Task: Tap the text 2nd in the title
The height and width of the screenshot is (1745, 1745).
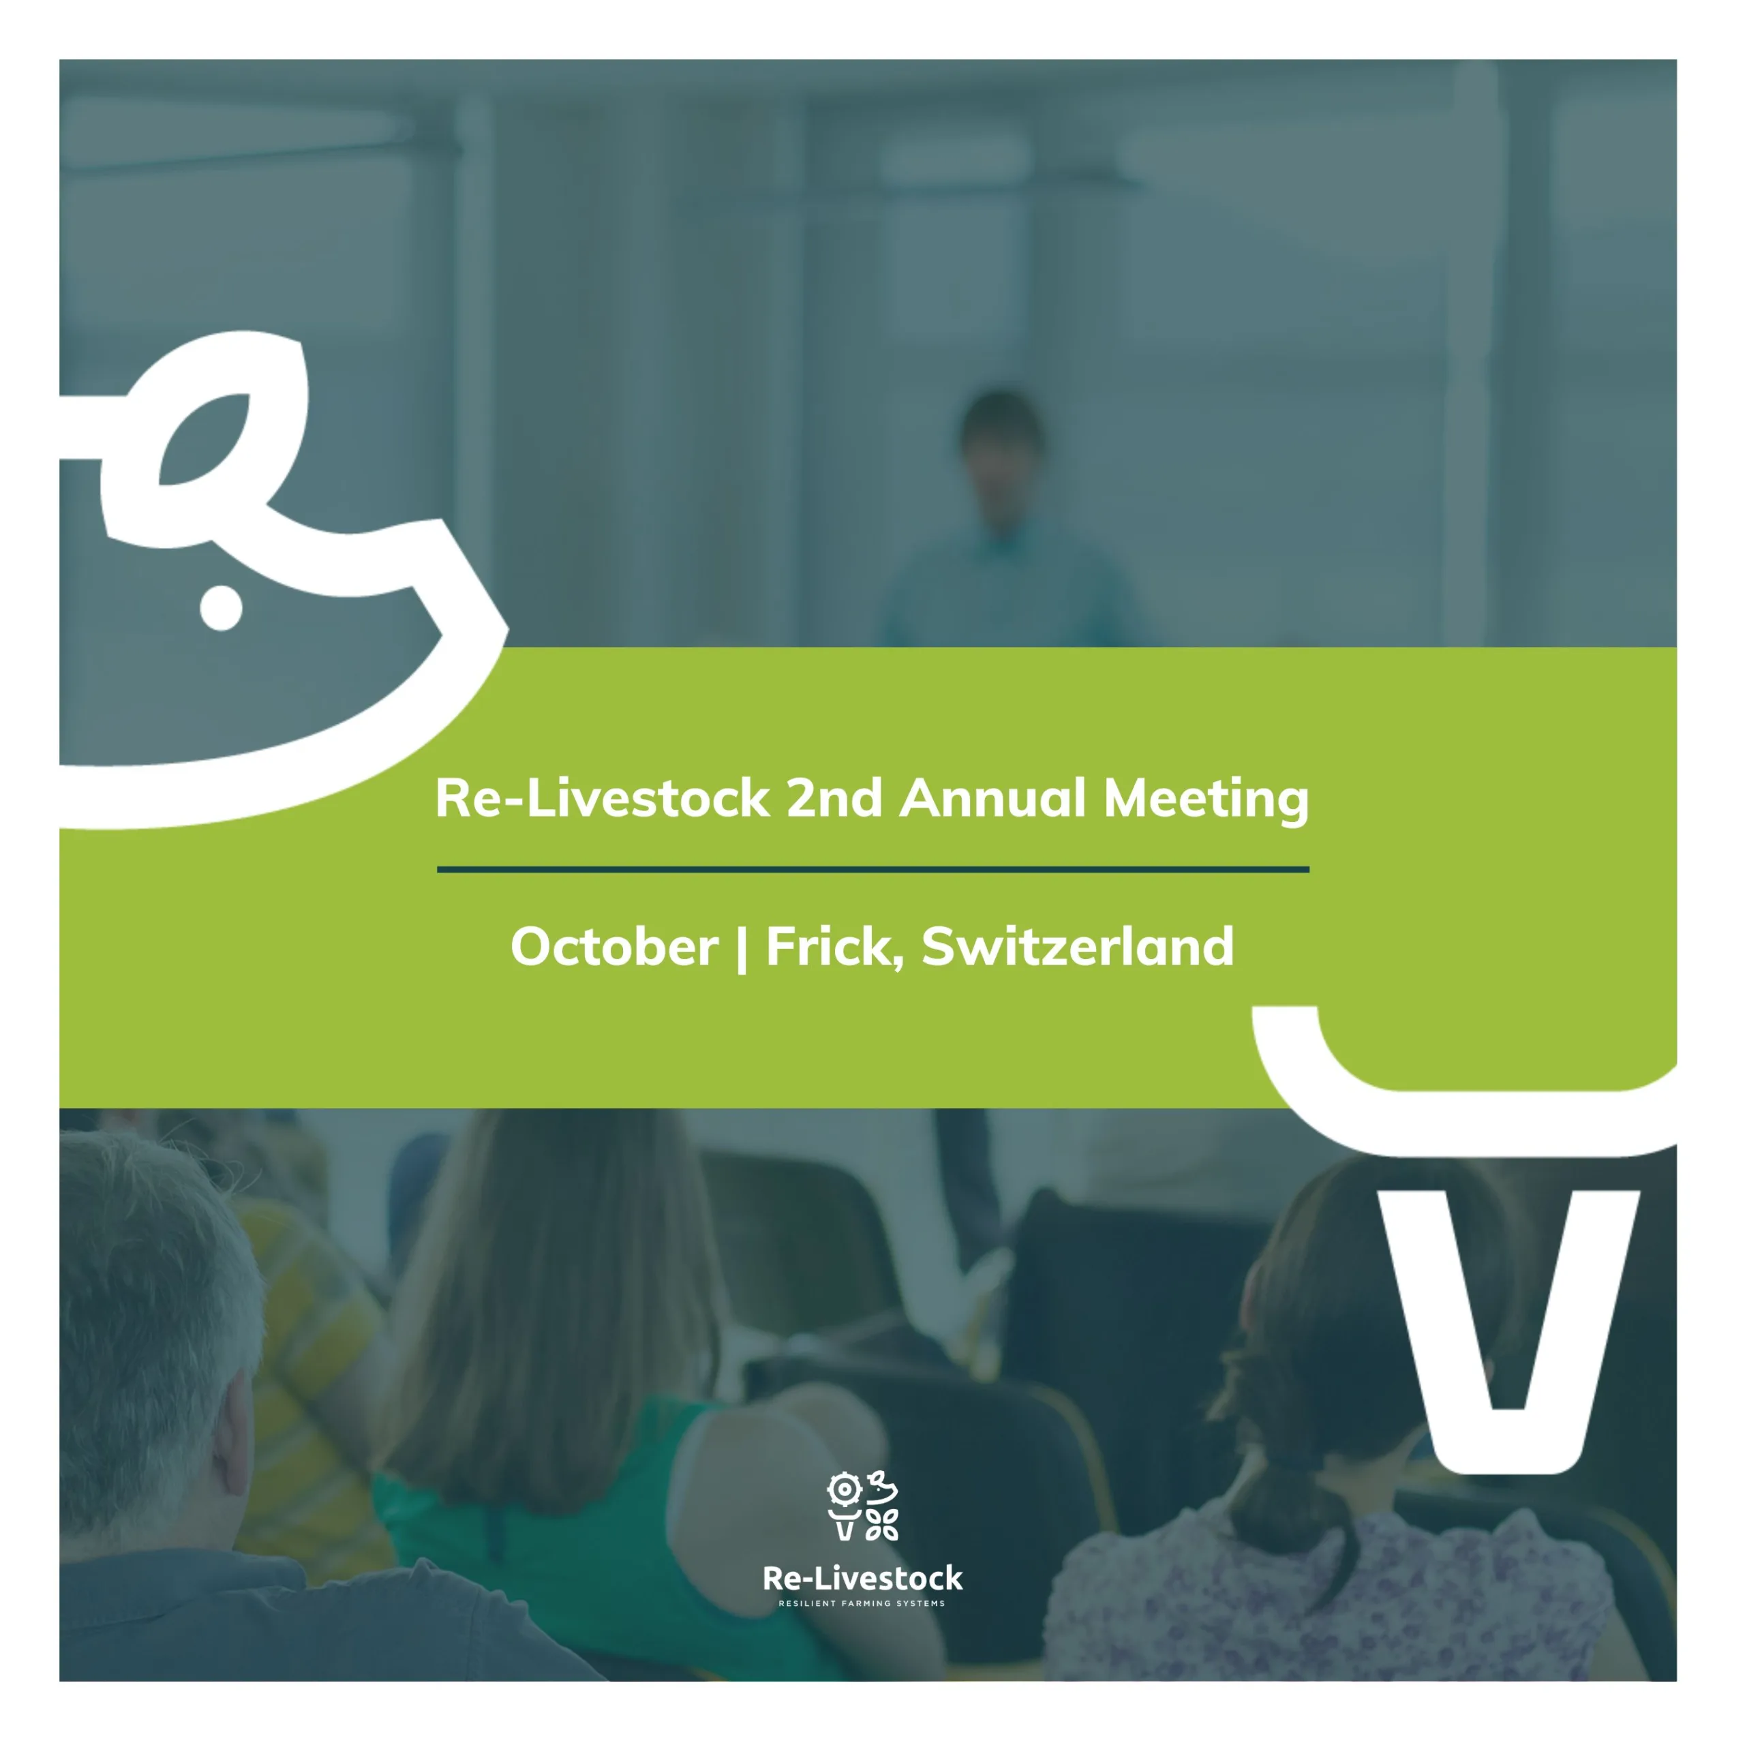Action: click(834, 798)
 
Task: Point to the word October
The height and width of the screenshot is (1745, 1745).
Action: click(614, 947)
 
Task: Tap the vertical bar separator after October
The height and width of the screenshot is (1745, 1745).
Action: click(742, 948)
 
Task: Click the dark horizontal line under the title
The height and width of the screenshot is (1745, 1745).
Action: click(872, 870)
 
